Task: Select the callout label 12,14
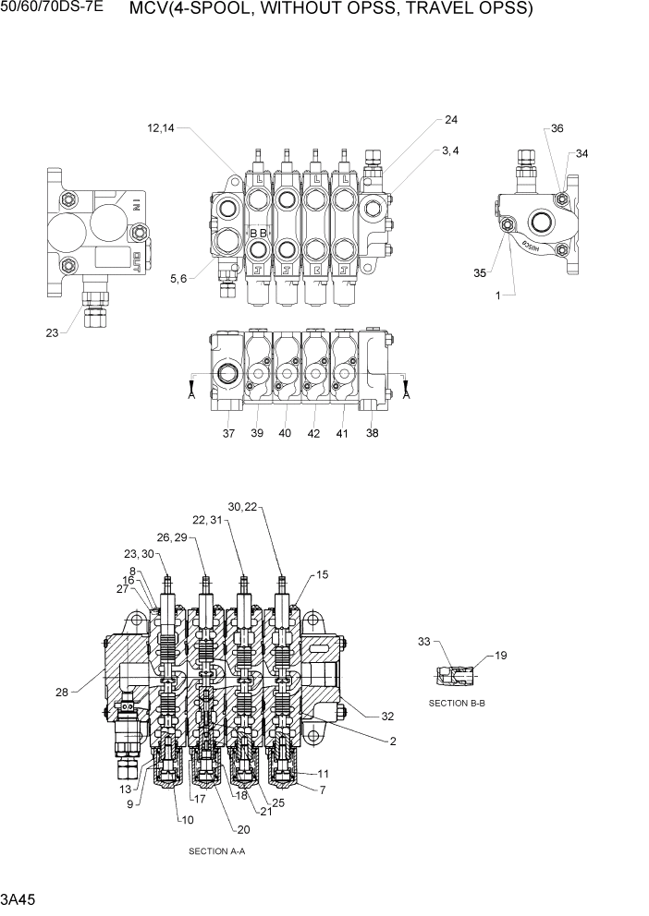pos(160,128)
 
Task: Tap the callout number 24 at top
pos(450,120)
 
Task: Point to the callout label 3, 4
pos(450,150)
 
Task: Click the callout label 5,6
pos(179,279)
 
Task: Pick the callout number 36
pos(557,129)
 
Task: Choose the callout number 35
pos(479,272)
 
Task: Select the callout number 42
pos(313,433)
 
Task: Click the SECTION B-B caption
pos(457,703)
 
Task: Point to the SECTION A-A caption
pos(216,850)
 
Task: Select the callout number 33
pos(424,640)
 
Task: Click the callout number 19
pos(500,657)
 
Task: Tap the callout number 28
pos(62,691)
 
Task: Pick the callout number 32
pos(386,716)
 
